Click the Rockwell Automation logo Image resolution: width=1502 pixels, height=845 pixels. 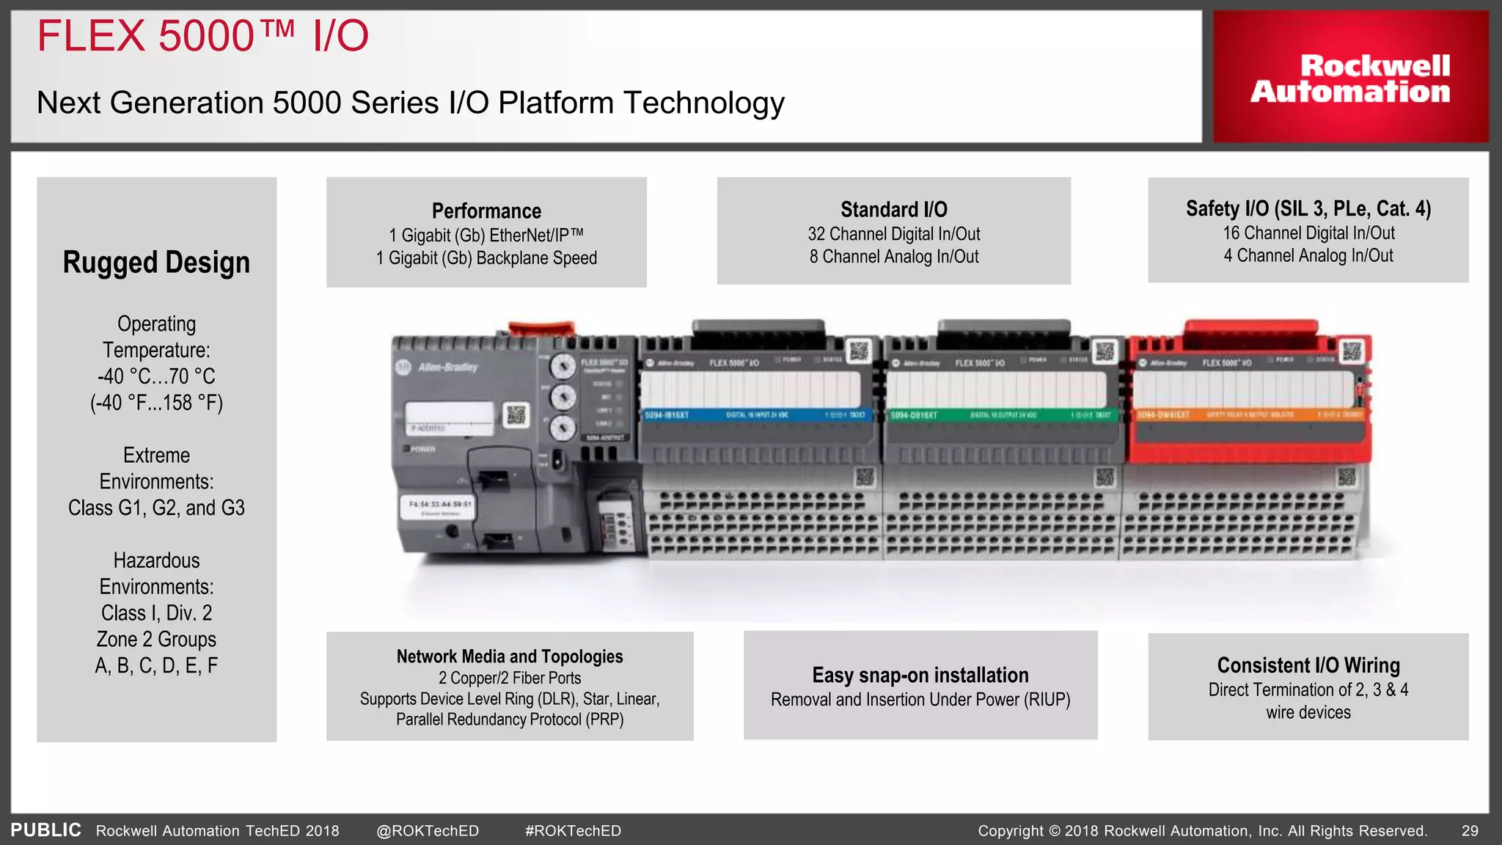[1350, 78]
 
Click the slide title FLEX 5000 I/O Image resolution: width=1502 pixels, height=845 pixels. [202, 37]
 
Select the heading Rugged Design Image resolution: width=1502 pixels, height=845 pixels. [156, 263]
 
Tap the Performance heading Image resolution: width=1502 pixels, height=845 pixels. [486, 211]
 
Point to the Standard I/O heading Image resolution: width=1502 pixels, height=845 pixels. [893, 210]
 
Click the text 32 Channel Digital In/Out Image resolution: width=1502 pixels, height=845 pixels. [893, 234]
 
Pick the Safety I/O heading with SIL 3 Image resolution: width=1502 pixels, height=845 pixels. [1308, 209]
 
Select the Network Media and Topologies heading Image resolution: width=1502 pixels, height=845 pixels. [510, 656]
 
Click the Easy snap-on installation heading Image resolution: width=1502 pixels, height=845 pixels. [920, 675]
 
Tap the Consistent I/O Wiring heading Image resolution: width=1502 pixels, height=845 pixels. [1308, 665]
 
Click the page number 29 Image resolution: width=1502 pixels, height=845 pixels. [1470, 831]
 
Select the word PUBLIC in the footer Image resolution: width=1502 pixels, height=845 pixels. [45, 830]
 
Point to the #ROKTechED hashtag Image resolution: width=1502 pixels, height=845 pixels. [573, 831]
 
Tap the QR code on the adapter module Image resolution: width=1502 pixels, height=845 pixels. [516, 415]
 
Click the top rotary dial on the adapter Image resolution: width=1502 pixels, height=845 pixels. [563, 365]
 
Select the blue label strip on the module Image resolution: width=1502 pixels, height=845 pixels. [755, 415]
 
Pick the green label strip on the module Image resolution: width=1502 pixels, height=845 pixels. [1000, 415]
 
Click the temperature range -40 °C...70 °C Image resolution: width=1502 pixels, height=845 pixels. [156, 376]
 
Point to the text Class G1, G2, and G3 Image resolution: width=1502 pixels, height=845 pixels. [156, 508]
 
